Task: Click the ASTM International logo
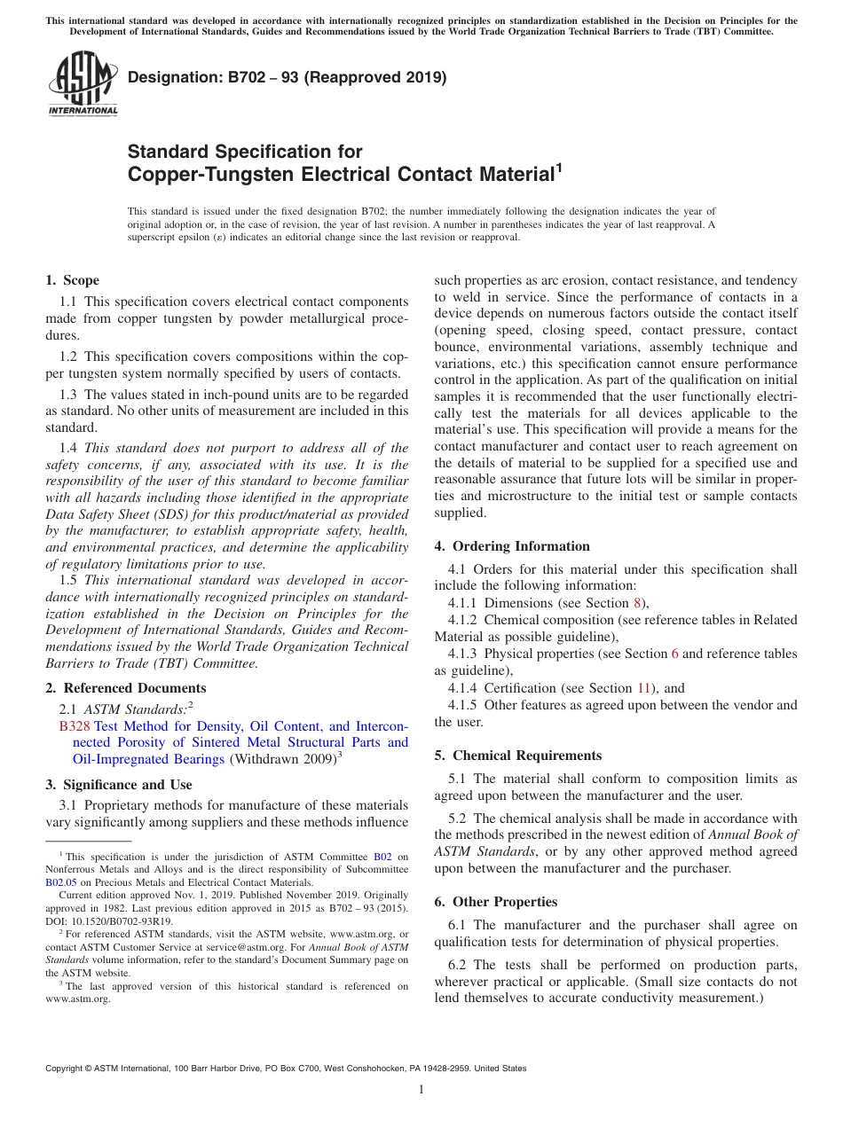tap(83, 84)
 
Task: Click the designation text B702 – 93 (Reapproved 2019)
tap(288, 77)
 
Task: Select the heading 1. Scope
tap(72, 280)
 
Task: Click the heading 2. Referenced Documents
tap(125, 688)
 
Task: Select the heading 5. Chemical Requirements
tap(517, 756)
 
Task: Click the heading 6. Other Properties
tap(495, 902)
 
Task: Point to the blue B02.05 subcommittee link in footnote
tap(60, 882)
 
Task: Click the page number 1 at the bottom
tap(421, 1090)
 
